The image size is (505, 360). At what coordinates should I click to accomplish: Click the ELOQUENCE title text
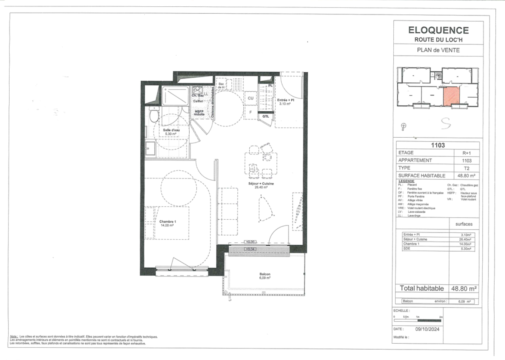438,30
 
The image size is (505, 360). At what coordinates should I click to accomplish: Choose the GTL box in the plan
266,116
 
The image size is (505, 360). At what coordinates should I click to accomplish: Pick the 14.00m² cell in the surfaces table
465,244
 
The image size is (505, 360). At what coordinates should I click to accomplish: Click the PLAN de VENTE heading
438,50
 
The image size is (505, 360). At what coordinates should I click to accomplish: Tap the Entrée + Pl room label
285,100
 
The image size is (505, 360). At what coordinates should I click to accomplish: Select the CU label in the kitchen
251,98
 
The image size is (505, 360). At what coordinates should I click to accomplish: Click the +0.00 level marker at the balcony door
250,242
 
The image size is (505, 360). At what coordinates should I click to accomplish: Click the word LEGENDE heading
407,181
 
